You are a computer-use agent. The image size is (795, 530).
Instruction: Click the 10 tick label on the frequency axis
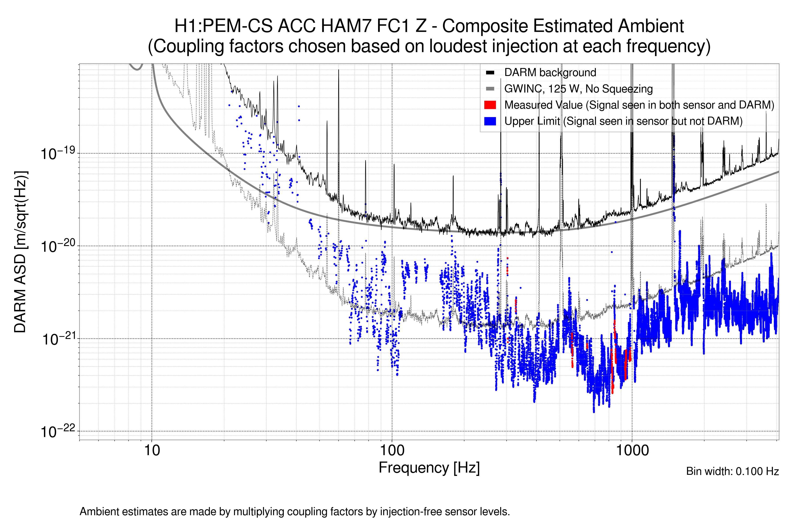coord(152,450)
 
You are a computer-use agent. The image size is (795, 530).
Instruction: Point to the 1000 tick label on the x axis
coord(632,450)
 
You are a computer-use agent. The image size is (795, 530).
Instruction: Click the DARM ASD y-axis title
coord(20,252)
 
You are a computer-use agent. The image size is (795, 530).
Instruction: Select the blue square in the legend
coord(490,121)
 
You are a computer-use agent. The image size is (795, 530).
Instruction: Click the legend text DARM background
coord(550,73)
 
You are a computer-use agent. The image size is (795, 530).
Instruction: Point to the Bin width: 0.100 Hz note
coord(732,471)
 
